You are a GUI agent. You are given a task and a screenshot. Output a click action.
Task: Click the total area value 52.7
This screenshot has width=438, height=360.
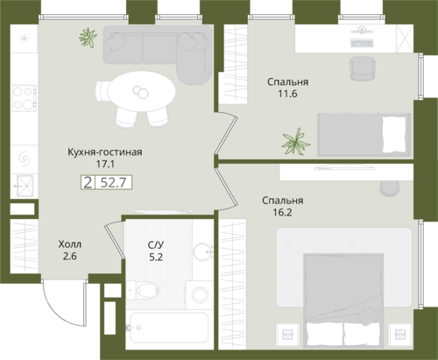point(113,183)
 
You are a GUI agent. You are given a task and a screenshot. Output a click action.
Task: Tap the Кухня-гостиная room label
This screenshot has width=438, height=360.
point(105,152)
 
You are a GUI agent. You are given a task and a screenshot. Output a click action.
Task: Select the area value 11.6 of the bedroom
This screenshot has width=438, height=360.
point(287,94)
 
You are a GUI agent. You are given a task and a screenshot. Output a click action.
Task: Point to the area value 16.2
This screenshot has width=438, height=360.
point(282,212)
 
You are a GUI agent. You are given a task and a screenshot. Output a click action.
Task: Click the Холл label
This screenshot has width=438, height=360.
point(70,244)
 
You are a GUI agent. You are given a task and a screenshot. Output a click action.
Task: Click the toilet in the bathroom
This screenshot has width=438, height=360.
point(144,290)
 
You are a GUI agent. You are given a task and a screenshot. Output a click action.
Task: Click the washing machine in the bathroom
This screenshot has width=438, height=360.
point(200,294)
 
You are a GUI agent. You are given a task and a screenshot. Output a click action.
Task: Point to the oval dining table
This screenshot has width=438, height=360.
point(141,91)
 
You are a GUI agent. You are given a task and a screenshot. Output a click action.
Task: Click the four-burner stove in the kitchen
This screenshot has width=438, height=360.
point(25,98)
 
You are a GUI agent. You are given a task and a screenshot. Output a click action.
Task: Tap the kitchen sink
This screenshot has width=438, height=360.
point(25,186)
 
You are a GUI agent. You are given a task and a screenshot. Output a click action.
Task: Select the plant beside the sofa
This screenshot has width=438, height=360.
point(88,38)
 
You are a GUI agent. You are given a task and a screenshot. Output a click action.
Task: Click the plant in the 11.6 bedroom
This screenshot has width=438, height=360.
point(296,141)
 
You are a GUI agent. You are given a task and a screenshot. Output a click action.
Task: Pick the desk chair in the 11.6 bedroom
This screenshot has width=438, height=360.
point(362,68)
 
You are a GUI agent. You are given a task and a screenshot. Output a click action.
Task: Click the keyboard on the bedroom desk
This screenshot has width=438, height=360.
point(362,43)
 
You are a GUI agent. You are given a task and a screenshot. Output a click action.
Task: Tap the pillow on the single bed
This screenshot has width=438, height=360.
point(394,135)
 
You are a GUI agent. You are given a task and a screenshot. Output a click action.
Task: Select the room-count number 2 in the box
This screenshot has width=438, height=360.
point(88,183)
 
